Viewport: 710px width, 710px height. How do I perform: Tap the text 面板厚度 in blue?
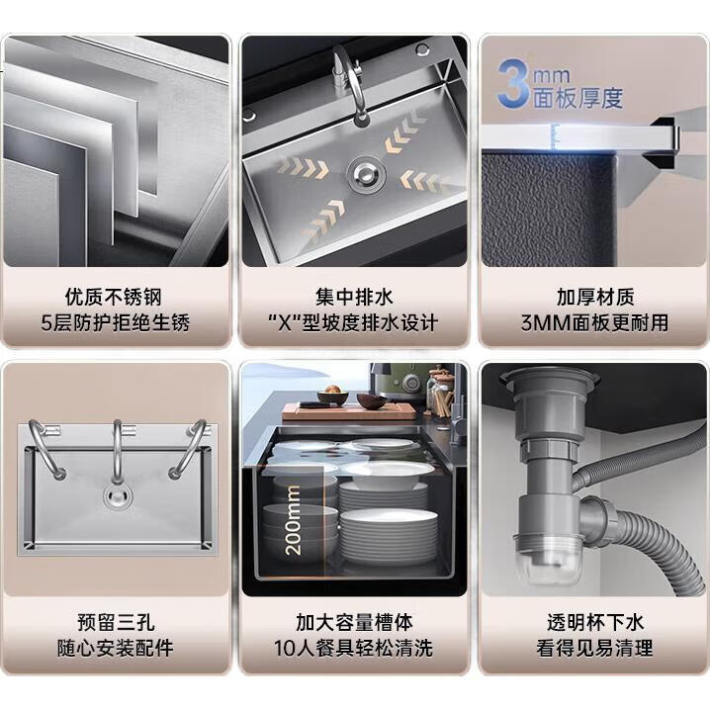577,98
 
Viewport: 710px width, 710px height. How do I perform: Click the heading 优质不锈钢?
113,297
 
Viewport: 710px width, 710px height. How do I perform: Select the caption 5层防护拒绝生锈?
115,323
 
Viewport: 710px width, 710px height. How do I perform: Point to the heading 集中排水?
355,297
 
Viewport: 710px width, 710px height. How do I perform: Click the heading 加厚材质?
595,297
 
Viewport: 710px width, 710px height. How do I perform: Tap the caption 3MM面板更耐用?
594,323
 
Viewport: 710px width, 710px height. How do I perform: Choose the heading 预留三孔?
116,622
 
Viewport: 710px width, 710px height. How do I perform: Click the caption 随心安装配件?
115,649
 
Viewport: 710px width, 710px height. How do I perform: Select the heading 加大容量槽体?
355,622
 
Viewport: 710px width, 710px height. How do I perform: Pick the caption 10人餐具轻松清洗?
354,649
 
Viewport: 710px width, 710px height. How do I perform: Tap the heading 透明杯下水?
595,622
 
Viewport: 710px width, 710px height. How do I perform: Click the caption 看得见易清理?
594,649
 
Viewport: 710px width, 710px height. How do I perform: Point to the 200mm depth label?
293,520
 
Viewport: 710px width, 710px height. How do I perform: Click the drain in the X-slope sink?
366,175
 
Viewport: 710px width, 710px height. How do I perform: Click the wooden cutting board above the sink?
349,411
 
